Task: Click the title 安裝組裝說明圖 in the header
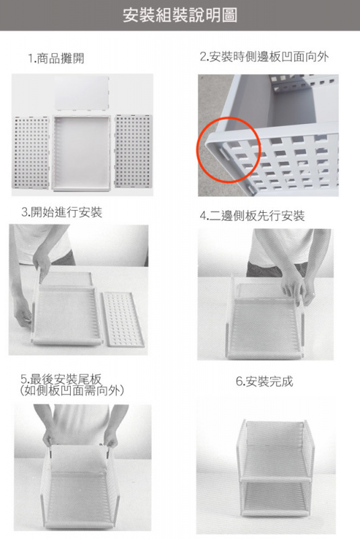(x=180, y=15)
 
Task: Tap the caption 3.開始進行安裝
(x=61, y=213)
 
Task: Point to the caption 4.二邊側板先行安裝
(x=252, y=216)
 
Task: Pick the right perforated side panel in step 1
(x=133, y=152)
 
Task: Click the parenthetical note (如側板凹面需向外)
(x=73, y=390)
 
